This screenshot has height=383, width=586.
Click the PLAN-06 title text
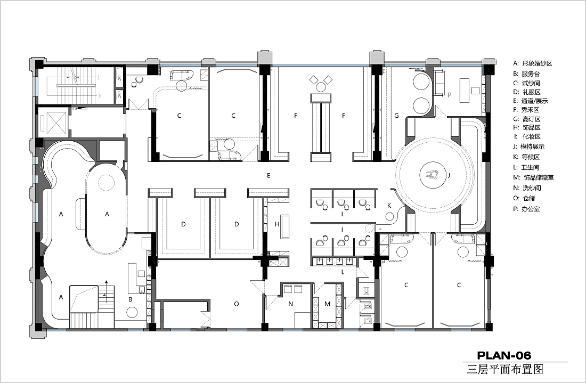(504, 355)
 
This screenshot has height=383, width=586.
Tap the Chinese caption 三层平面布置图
(505, 370)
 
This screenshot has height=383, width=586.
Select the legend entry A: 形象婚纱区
(532, 63)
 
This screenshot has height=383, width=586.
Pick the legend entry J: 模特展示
(528, 146)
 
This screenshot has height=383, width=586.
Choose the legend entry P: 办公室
(526, 209)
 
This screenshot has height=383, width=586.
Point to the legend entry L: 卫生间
(526, 167)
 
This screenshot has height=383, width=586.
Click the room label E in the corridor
(268, 175)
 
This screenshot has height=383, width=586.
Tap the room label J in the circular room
(449, 175)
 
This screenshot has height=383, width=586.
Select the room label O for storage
(236, 304)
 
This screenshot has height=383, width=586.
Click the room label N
(290, 304)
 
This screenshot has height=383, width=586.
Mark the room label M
(328, 304)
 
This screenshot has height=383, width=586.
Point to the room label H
(277, 224)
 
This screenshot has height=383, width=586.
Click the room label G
(396, 116)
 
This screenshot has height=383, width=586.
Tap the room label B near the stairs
(131, 299)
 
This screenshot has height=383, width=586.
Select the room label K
(389, 206)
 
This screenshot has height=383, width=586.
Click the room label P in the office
(450, 95)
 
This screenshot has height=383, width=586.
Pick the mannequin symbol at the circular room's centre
(434, 175)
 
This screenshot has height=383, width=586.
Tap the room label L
(343, 272)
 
